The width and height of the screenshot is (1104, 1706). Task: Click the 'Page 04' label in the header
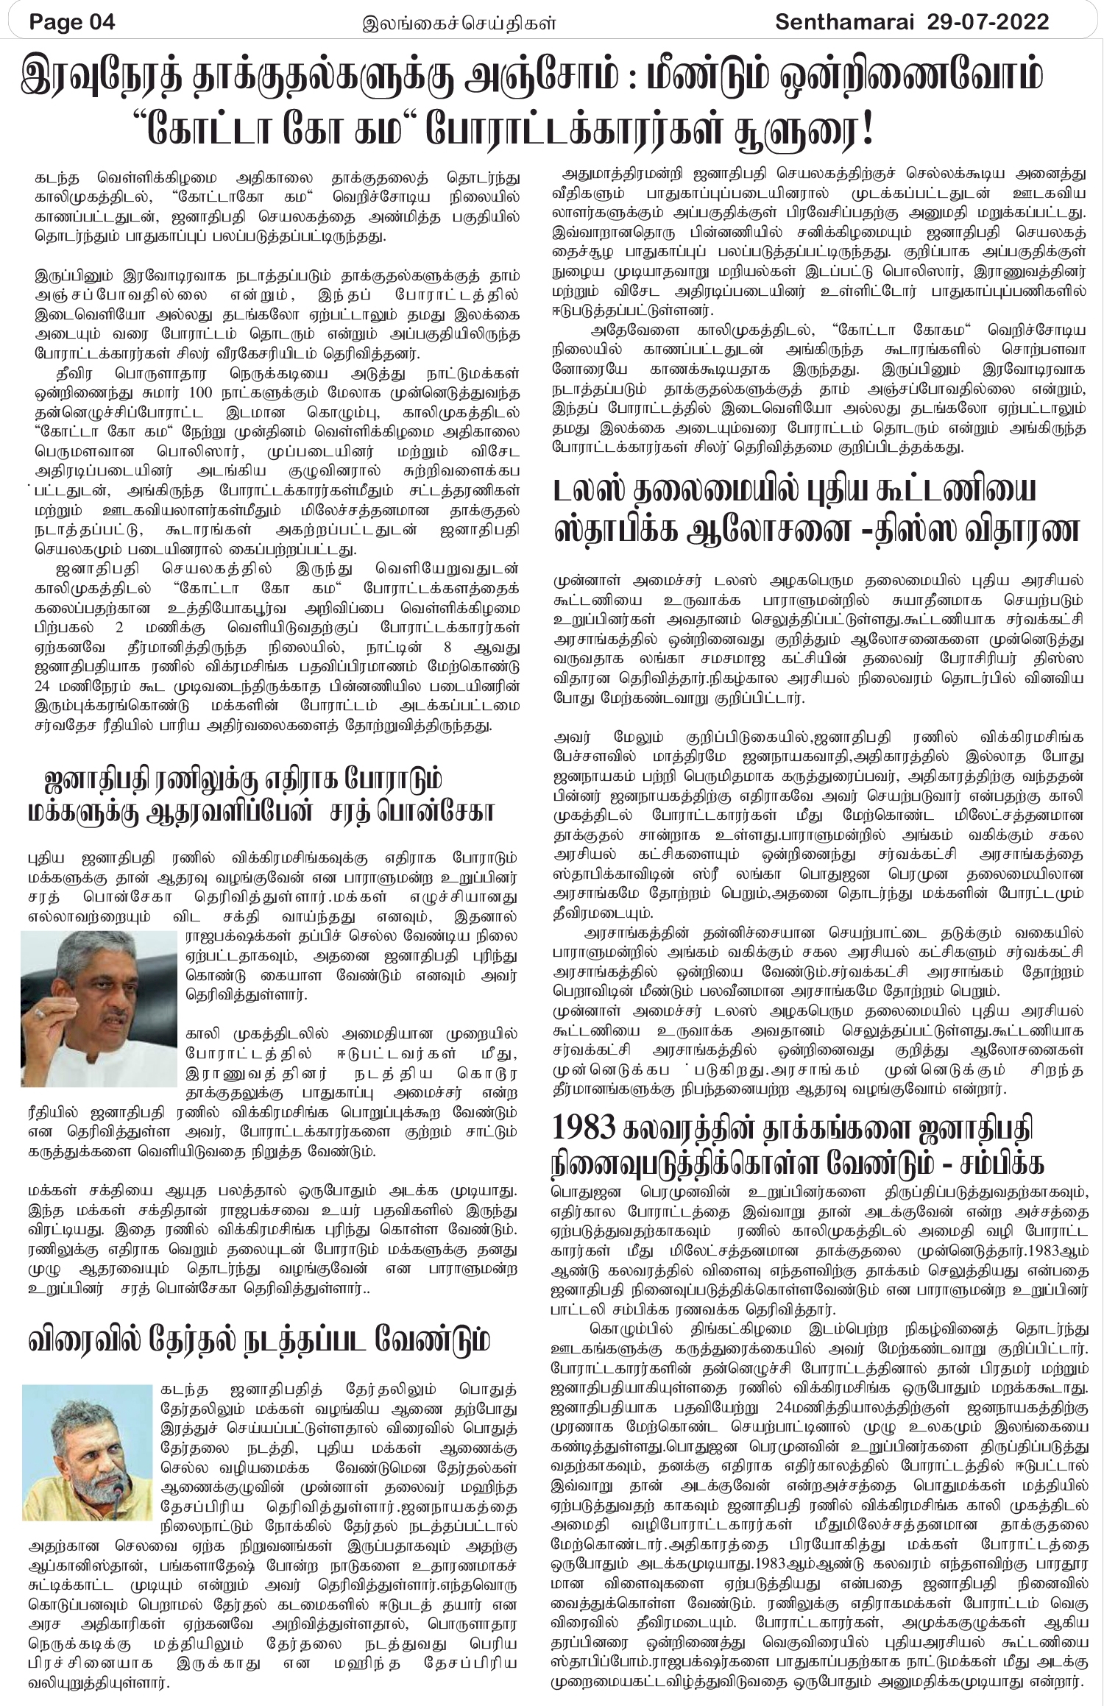coord(72,22)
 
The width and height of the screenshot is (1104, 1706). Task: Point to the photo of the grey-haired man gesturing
coord(99,1008)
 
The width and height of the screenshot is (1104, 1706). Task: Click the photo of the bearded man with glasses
coord(86,1451)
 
